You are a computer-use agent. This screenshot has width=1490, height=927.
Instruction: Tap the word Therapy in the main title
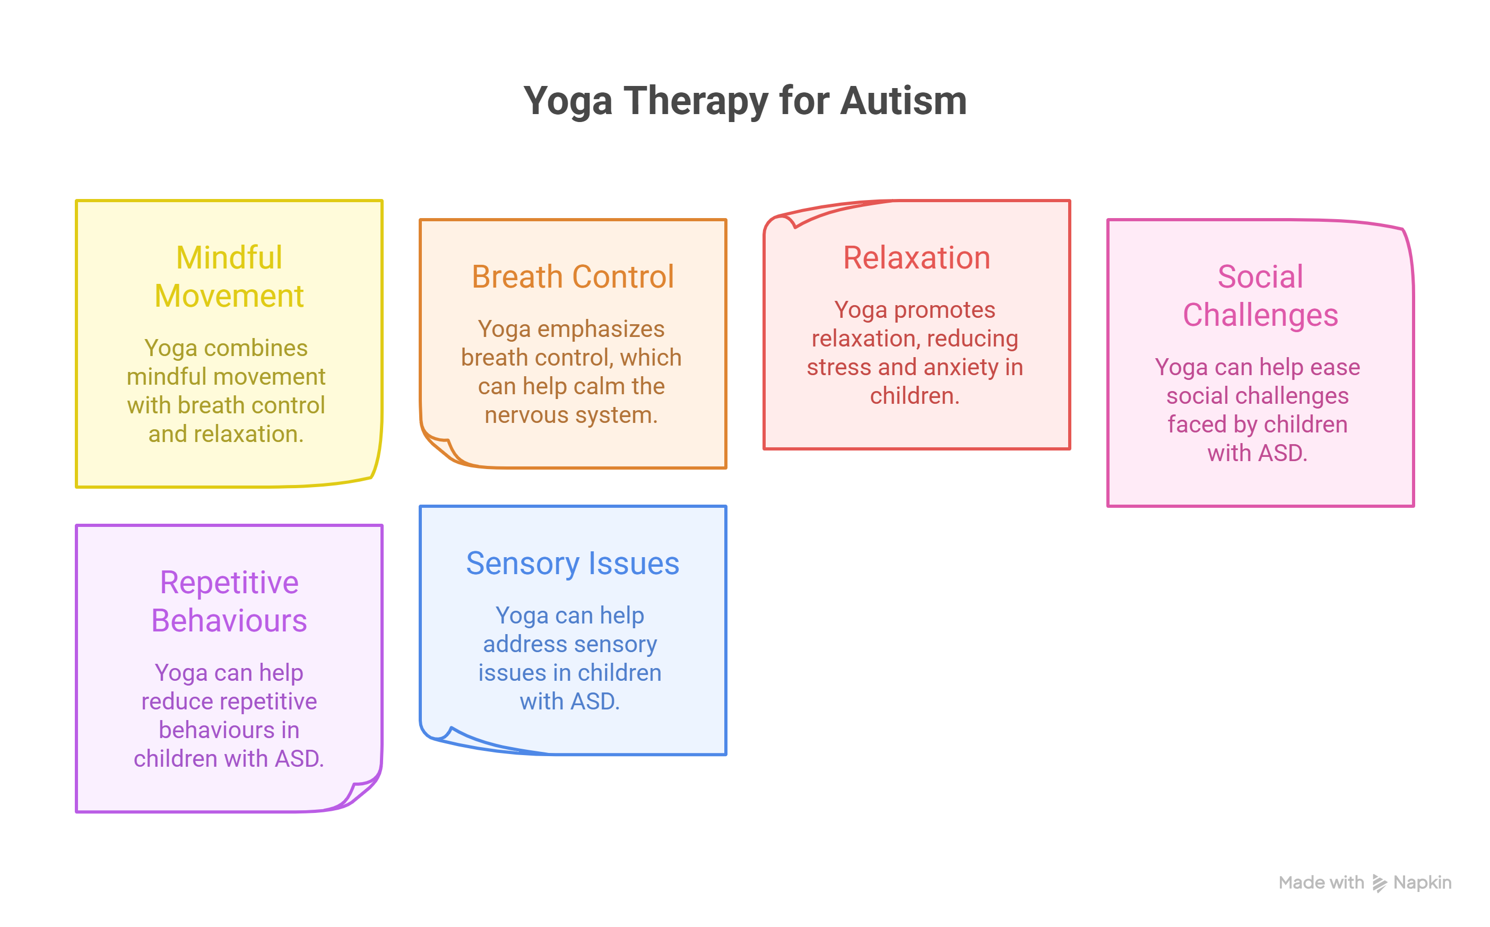tap(696, 102)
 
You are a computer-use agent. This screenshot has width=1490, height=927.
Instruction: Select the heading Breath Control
tap(573, 276)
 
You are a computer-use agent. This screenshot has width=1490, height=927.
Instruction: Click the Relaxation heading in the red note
tap(916, 257)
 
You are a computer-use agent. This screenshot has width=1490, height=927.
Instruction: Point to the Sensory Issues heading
tap(573, 564)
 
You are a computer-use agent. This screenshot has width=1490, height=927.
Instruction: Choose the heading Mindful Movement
tap(229, 276)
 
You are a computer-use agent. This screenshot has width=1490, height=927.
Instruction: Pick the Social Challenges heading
tap(1260, 296)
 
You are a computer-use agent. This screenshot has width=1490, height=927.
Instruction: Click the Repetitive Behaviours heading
tap(229, 601)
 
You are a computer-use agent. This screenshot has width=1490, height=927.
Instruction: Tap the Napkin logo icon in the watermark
tap(1379, 883)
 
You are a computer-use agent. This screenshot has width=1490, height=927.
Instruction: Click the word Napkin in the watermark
tap(1422, 883)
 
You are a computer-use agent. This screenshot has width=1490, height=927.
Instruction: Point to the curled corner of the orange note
tap(441, 447)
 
